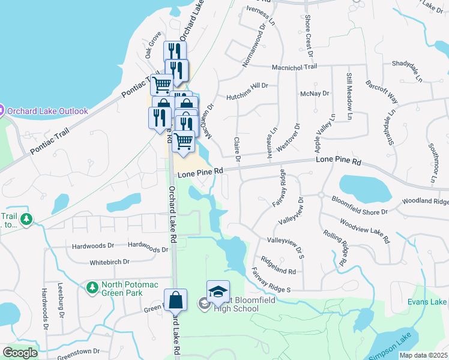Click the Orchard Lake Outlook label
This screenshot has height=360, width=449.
pyautogui.click(x=47, y=110)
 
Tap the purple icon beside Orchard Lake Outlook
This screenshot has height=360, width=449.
pyautogui.click(x=1, y=110)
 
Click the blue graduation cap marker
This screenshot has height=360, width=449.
pyautogui.click(x=218, y=292)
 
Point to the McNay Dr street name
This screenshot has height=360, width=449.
pyautogui.click(x=315, y=94)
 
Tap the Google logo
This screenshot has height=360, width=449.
pyautogui.click(x=20, y=353)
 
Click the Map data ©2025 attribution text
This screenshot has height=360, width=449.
pyautogui.click(x=423, y=355)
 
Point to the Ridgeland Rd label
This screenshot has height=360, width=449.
pyautogui.click(x=279, y=266)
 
